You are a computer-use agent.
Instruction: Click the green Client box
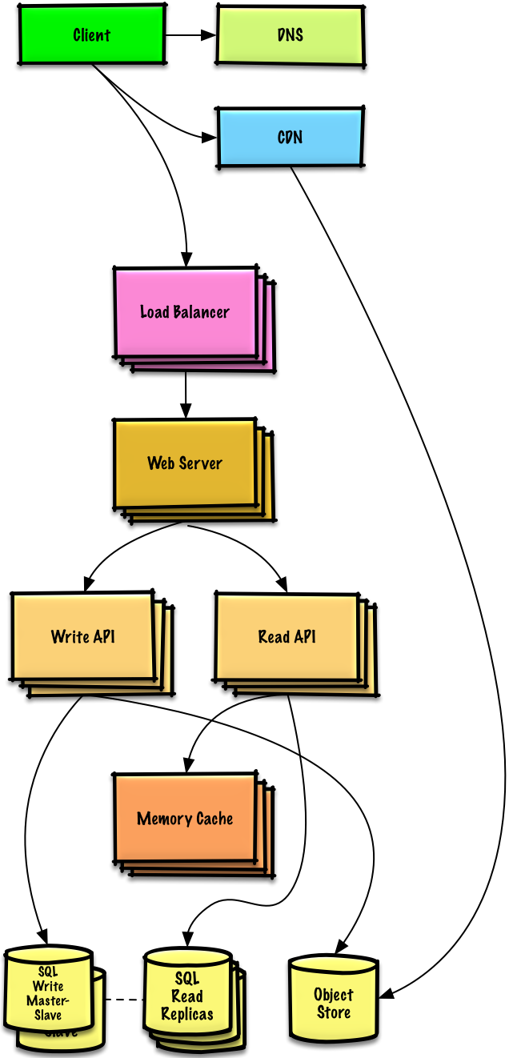(92, 34)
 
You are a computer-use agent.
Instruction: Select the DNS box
(290, 35)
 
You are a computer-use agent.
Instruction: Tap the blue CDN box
(290, 137)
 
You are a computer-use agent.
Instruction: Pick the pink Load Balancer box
(185, 312)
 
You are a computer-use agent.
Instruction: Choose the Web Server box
(185, 463)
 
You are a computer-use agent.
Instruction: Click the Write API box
(83, 637)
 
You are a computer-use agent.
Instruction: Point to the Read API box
(287, 637)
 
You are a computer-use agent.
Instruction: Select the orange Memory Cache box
(185, 819)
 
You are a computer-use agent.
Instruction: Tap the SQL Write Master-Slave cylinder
(48, 992)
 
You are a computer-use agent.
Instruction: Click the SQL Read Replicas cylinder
(187, 996)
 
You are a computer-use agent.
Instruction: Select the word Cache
(214, 819)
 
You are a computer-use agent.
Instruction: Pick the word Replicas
(187, 1014)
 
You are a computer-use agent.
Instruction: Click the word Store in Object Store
(333, 1012)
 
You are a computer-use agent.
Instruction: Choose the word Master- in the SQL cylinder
(48, 1000)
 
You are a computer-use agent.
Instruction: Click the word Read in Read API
(273, 637)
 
